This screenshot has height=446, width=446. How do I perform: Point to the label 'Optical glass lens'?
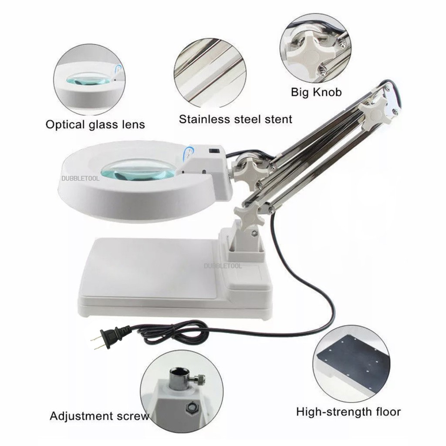tap(95, 125)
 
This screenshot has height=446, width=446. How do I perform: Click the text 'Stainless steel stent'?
tap(236, 118)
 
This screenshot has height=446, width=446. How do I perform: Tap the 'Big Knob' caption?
tap(316, 92)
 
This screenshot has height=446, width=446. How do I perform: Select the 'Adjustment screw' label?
tap(99, 416)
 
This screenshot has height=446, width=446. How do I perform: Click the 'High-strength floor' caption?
tap(348, 411)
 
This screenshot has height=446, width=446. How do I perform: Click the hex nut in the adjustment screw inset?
tap(190, 407)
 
